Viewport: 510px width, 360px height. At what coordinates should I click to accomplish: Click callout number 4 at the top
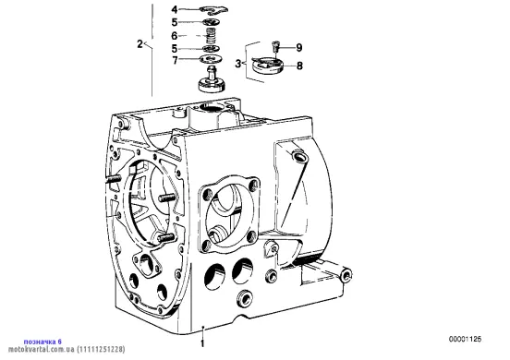click(x=175, y=10)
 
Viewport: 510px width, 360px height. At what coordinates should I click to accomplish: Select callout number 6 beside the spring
click(x=175, y=35)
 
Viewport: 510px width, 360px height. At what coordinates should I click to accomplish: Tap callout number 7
click(x=175, y=60)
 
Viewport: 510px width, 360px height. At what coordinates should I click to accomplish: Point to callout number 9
click(x=299, y=48)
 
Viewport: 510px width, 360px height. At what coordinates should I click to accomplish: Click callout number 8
click(x=299, y=66)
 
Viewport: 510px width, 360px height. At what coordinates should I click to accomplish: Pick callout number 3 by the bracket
click(x=238, y=64)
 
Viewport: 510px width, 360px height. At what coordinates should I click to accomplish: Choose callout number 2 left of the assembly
click(x=140, y=44)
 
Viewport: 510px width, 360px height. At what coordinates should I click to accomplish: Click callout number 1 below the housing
click(x=202, y=343)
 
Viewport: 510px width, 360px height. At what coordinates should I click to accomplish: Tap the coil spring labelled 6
click(x=212, y=35)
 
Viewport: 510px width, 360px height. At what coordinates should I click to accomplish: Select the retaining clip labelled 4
click(x=214, y=10)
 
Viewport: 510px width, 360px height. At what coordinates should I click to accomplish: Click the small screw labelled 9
click(x=276, y=46)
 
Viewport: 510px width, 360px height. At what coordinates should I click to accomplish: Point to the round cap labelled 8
click(x=268, y=66)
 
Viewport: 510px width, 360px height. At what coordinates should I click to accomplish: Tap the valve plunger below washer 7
click(x=212, y=79)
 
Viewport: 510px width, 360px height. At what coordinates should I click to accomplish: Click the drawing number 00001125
click(x=465, y=339)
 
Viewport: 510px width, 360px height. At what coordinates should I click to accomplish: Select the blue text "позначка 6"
click(x=42, y=342)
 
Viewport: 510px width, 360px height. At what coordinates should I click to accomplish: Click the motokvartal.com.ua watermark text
click(x=67, y=350)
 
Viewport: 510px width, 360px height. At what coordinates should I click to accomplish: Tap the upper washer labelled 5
click(x=212, y=22)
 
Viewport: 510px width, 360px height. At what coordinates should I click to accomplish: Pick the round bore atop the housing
click(x=211, y=107)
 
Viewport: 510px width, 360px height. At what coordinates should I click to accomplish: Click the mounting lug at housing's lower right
click(x=346, y=275)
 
